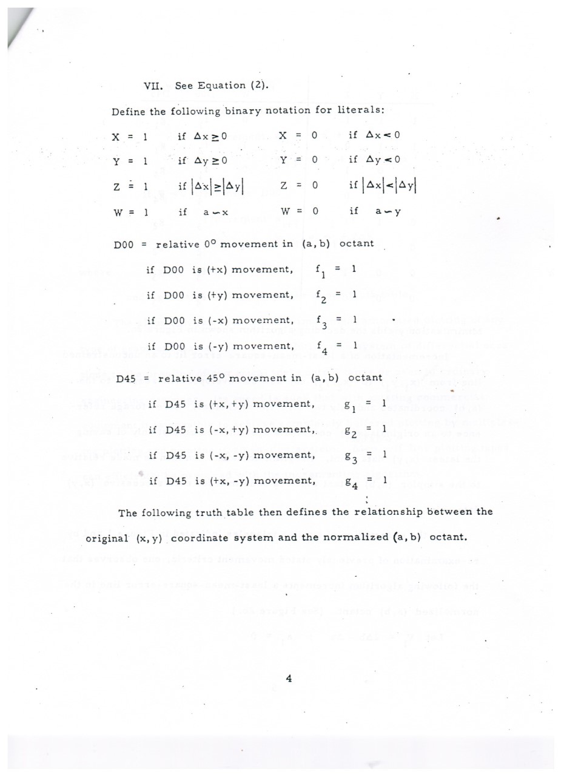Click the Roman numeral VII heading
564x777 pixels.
pyautogui.click(x=152, y=86)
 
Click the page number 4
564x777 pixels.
pyautogui.click(x=289, y=679)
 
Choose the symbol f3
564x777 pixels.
pyautogui.click(x=321, y=322)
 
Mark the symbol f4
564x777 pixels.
pyautogui.click(x=321, y=348)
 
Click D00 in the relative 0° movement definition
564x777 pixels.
pyautogui.click(x=123, y=244)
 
